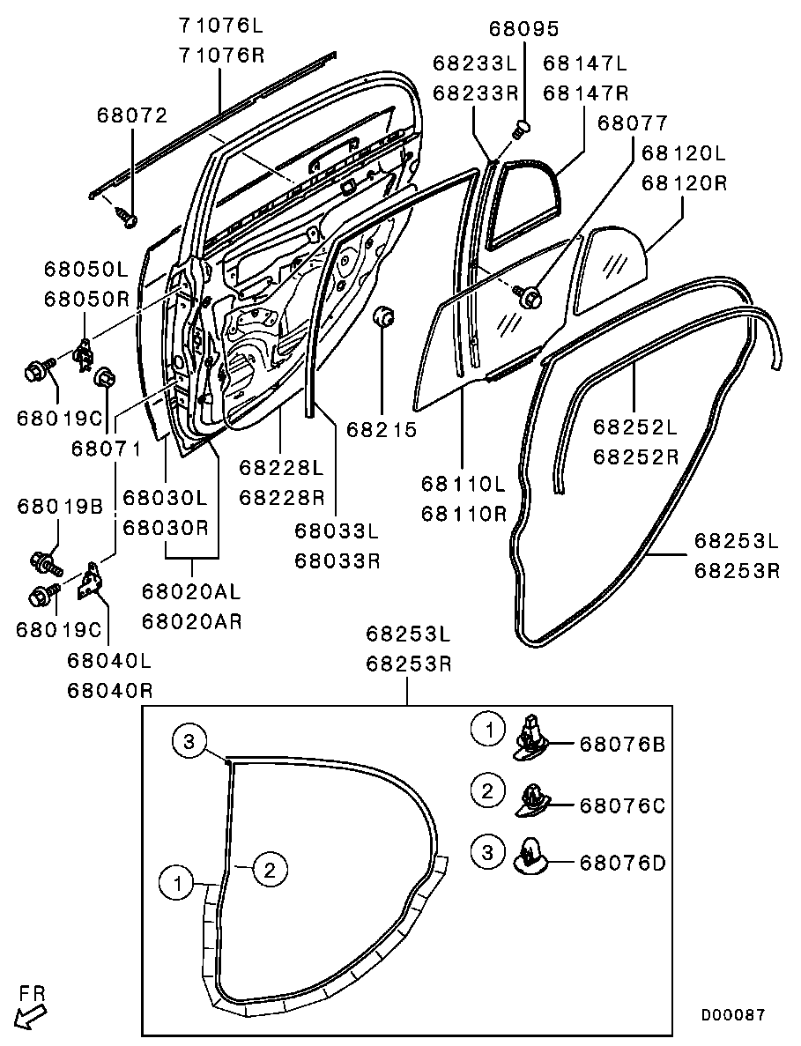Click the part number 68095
click(x=524, y=29)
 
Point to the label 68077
click(x=632, y=123)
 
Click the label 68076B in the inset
click(x=621, y=745)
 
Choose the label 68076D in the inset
click(x=621, y=863)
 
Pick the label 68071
click(x=106, y=449)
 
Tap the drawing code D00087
click(x=732, y=1015)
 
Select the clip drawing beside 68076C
click(x=534, y=798)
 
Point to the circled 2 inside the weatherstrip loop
click(x=271, y=870)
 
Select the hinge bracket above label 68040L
click(x=90, y=582)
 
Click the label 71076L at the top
click(x=221, y=24)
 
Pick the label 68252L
click(x=634, y=429)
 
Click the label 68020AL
click(x=191, y=591)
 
